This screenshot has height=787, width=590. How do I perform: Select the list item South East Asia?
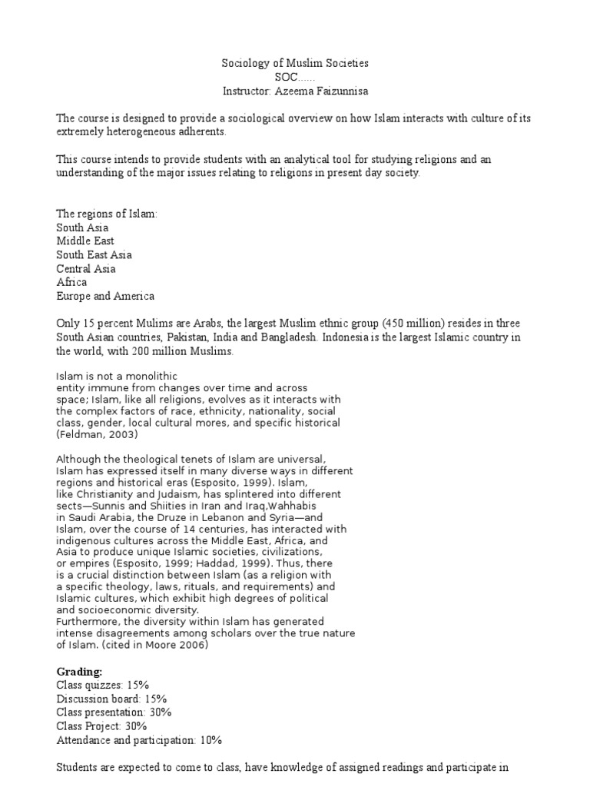click(94, 255)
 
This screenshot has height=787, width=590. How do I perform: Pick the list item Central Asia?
click(86, 269)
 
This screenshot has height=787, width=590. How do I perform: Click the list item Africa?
click(71, 283)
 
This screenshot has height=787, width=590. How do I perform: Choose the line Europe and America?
click(105, 297)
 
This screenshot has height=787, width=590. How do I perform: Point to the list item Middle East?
click(85, 241)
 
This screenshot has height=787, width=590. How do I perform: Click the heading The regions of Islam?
click(107, 214)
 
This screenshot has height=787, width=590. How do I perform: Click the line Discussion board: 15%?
click(111, 699)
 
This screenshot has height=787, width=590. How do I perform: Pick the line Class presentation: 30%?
click(114, 712)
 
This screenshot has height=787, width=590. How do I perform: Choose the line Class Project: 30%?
click(101, 726)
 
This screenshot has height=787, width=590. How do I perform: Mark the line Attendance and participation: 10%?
click(139, 740)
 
